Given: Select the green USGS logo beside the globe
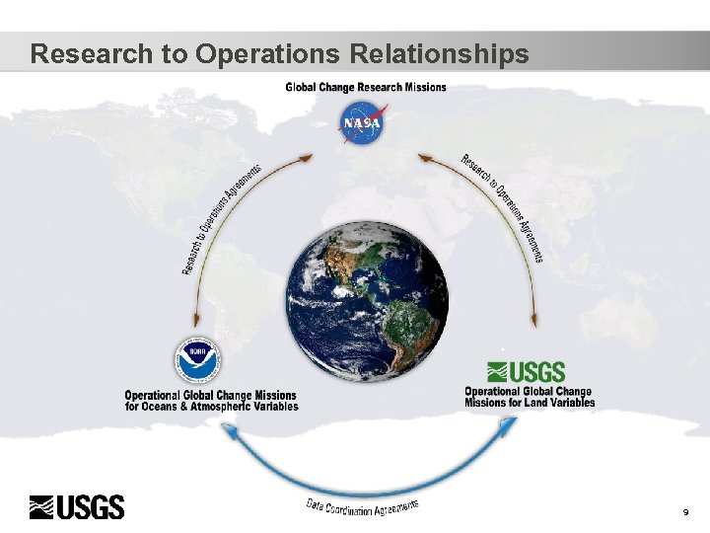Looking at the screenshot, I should point(527,372).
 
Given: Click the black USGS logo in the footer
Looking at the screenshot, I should point(77,507).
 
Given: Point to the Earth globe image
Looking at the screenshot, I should point(367,300).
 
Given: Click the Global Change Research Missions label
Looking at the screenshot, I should point(366,87).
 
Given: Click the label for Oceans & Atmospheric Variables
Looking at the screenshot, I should point(211,407).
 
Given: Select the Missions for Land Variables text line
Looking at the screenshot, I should point(530,403).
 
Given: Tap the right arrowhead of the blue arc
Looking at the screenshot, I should point(509,424).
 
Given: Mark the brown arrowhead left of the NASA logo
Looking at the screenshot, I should point(309,156).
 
